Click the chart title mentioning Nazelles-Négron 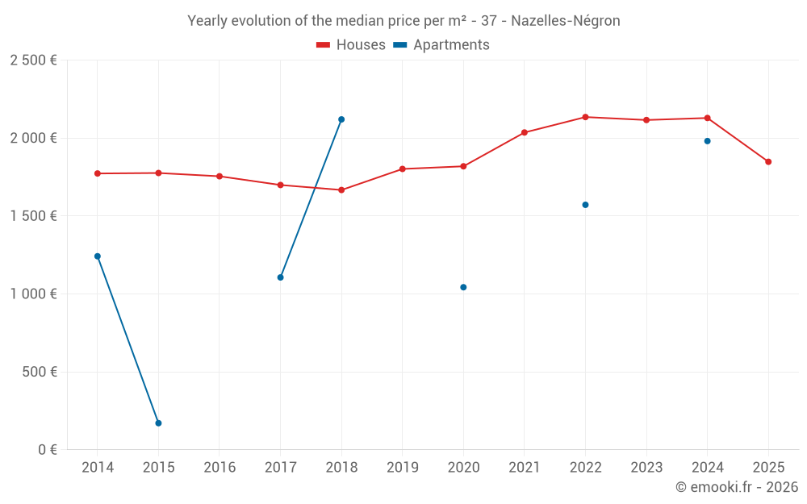pos(403,21)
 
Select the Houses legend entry pos(351,45)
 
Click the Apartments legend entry pos(442,45)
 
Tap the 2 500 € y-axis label pos(33,60)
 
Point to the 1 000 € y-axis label pos(33,294)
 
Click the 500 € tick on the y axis pos(40,372)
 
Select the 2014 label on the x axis pos(98,468)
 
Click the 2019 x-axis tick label pos(402,468)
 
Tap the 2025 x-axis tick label pos(767,468)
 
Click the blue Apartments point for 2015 pos(158,423)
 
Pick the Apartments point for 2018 pos(341,119)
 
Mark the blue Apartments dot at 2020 pos(463,287)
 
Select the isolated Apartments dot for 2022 pos(585,205)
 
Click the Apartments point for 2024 pos(707,141)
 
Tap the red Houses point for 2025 pos(768,162)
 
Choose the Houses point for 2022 pos(585,117)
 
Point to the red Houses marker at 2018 pos(341,190)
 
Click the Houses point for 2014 pos(98,173)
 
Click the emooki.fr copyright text pos(736,487)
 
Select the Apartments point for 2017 pos(280,277)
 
